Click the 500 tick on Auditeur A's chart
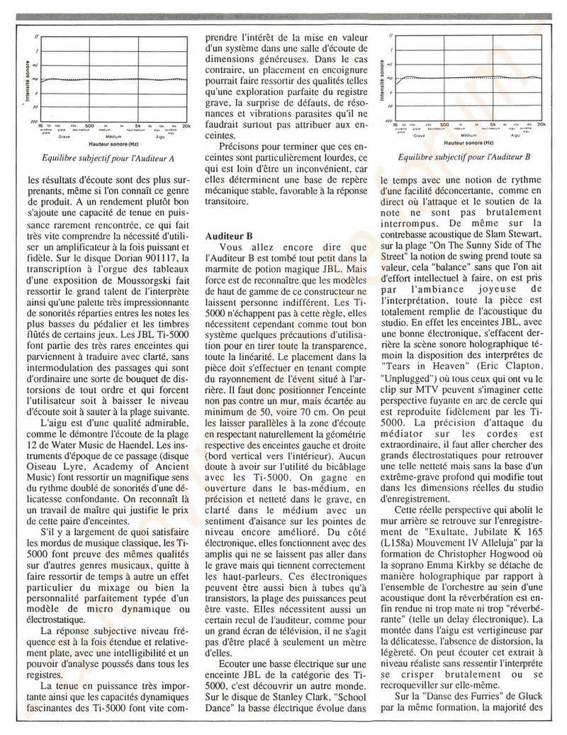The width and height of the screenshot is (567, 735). tap(89, 125)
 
